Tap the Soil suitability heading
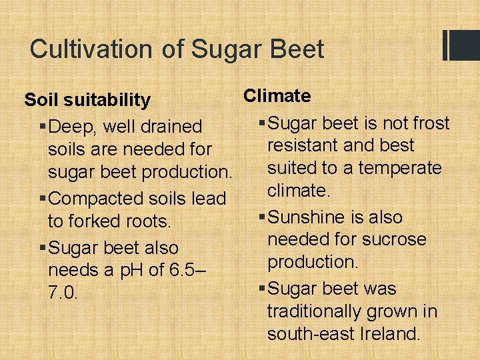click(87, 100)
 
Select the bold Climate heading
click(277, 96)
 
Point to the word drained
click(170, 126)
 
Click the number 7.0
click(63, 293)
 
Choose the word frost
click(431, 123)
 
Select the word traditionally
click(319, 311)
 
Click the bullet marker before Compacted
click(43, 198)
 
